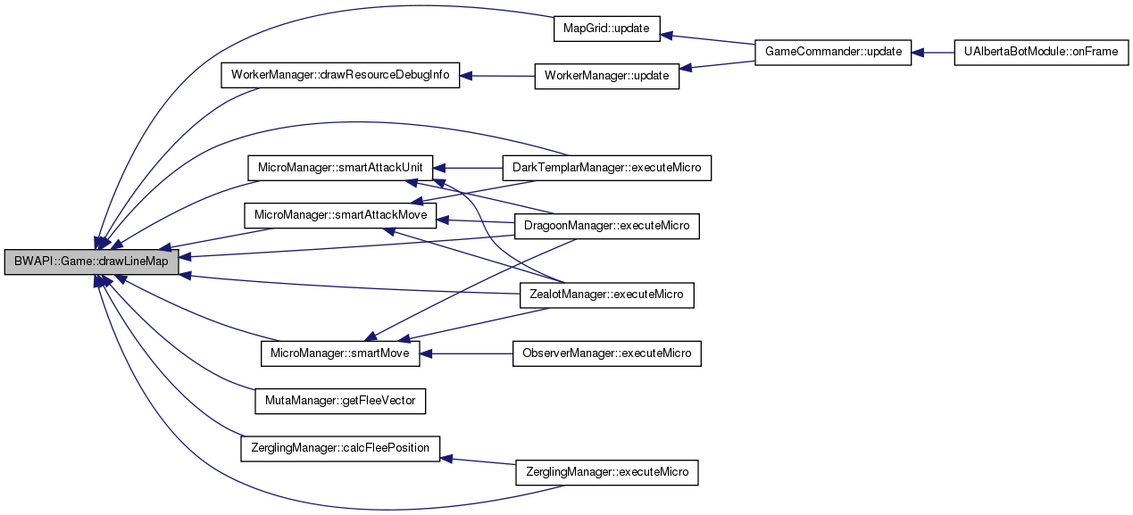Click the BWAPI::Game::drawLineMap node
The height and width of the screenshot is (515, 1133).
pyautogui.click(x=92, y=262)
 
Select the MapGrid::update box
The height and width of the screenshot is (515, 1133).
pyautogui.click(x=606, y=28)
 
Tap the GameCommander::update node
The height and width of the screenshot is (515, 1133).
pyautogui.click(x=833, y=52)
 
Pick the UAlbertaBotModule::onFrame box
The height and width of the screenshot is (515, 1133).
pyautogui.click(x=1041, y=52)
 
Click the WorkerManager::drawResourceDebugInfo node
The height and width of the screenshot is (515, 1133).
pyautogui.click(x=340, y=75)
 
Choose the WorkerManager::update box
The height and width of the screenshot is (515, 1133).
pyautogui.click(x=606, y=76)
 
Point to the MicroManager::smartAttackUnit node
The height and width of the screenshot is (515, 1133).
pyautogui.click(x=339, y=167)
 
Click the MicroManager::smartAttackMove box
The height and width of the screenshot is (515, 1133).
pyautogui.click(x=339, y=215)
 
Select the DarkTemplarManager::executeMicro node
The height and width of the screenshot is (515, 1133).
pyautogui.click(x=607, y=168)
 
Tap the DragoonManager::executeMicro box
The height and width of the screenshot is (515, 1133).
pyautogui.click(x=607, y=226)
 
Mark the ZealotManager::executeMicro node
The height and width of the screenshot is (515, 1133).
pyautogui.click(x=607, y=295)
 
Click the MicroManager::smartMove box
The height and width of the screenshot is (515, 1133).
pyautogui.click(x=339, y=353)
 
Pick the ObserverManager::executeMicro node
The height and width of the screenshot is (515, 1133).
pyautogui.click(x=607, y=353)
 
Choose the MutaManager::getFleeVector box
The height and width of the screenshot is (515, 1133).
pyautogui.click(x=339, y=401)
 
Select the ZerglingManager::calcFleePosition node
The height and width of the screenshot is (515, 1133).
pyautogui.click(x=340, y=448)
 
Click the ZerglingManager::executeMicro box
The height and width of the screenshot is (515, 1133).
pyautogui.click(x=607, y=471)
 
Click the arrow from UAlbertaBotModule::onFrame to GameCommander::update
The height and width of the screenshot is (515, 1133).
pyautogui.click(x=933, y=52)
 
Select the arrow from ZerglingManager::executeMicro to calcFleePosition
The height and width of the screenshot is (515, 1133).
pyautogui.click(x=479, y=461)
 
